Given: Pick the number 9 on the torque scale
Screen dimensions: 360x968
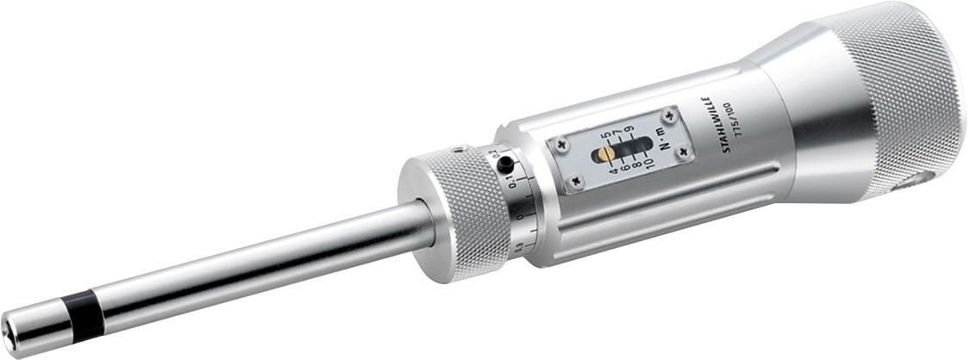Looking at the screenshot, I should pos(630,130).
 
